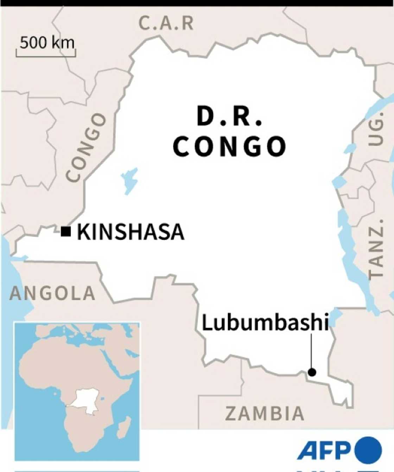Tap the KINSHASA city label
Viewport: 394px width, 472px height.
tap(131, 232)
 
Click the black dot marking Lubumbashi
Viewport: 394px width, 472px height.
tap(312, 372)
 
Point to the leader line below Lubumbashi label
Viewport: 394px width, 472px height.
tap(312, 350)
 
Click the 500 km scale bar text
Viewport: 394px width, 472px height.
tap(47, 43)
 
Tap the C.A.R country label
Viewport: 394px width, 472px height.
tap(166, 23)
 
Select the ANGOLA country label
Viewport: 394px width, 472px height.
tap(52, 293)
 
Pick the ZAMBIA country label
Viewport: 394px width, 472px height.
tap(265, 414)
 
